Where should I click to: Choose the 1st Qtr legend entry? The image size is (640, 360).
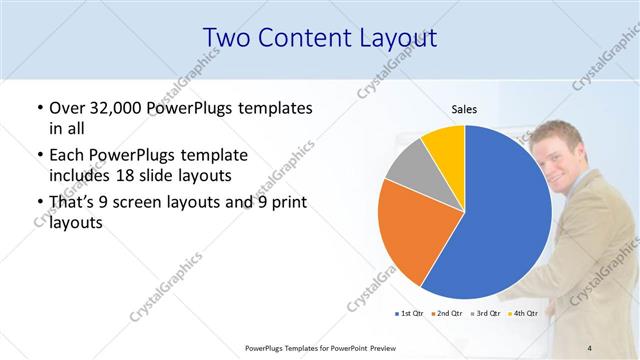pyautogui.click(x=411, y=313)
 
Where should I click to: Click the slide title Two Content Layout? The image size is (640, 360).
pyautogui.click(x=319, y=38)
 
